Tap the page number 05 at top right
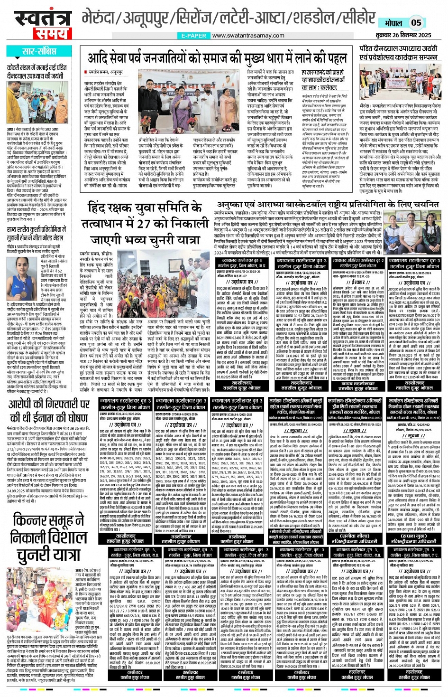point(416,22)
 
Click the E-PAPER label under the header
point(194,36)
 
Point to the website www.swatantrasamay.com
point(248,36)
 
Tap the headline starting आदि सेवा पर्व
point(217,58)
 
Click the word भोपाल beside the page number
point(393,23)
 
